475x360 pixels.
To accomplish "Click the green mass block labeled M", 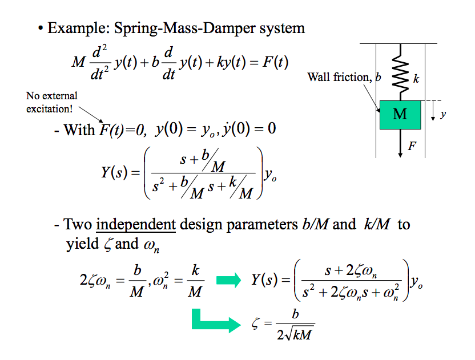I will [400, 115].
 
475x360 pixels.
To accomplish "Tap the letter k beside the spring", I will [416, 79].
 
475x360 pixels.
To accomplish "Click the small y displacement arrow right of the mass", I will [433, 111].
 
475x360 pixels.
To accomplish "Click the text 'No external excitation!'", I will [52, 102].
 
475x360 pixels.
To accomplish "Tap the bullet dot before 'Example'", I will [41, 28].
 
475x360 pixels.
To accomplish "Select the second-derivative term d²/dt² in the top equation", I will [100, 62].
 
